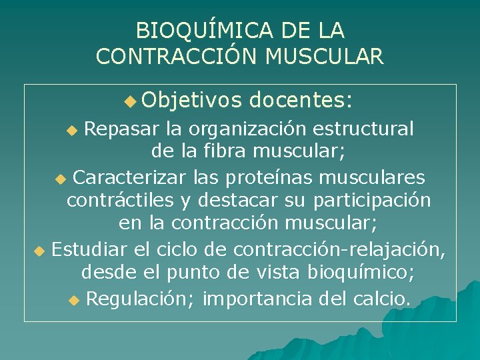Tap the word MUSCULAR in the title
pyautogui.click(x=324, y=56)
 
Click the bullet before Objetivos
pyautogui.click(x=129, y=101)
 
